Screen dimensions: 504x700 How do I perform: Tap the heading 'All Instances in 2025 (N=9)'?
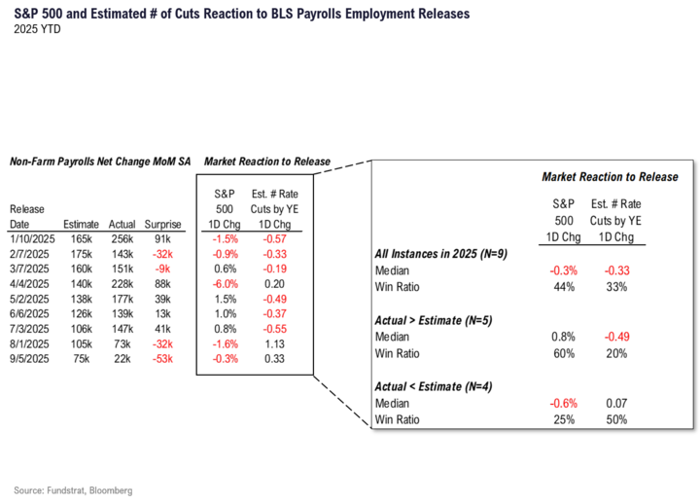pos(438,254)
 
